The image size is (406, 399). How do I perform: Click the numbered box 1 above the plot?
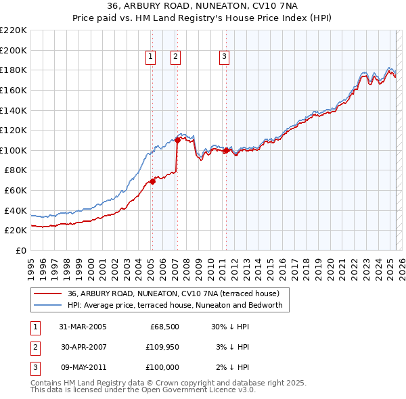150,57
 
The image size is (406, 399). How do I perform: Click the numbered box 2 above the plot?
175,57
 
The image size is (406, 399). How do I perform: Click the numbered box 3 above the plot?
223,57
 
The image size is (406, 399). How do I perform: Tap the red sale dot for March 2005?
153,181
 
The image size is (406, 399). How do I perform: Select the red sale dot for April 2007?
177,141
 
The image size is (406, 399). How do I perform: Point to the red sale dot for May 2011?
226,150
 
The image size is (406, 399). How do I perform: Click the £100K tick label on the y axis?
14,150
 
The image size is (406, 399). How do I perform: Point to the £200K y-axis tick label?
14,50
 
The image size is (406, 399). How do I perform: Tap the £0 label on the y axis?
21,250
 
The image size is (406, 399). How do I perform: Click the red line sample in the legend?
48,294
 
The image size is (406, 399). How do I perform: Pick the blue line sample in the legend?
48,306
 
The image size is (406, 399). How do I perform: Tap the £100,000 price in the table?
162,367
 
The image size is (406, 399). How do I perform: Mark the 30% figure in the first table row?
219,327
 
